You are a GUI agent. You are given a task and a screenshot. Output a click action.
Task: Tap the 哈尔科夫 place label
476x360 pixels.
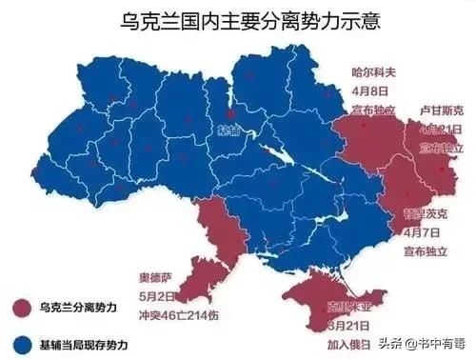pos(372,71)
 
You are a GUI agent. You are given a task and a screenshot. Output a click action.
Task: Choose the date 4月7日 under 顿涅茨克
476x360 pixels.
pos(422,232)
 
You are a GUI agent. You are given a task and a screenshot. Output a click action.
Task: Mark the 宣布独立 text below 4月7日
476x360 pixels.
pos(422,251)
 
